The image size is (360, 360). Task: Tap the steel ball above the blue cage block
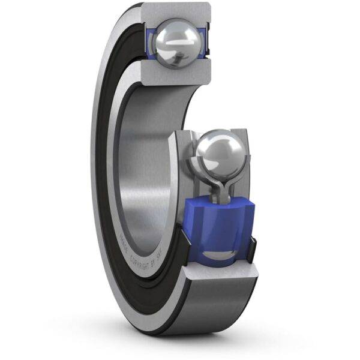point(219,152)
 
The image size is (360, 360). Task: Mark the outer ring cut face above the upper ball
point(180,11)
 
